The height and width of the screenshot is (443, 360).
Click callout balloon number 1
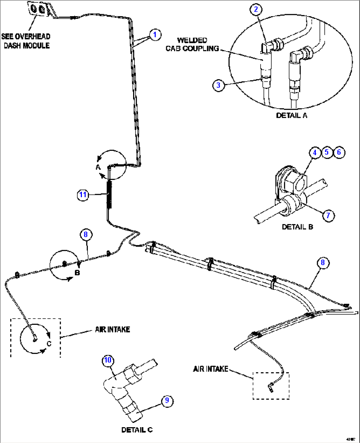click(x=155, y=35)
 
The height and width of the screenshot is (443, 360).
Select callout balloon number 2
click(x=256, y=9)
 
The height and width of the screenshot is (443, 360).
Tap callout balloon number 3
click(x=218, y=85)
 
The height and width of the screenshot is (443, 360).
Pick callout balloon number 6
click(x=339, y=152)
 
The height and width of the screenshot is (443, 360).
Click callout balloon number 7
click(x=328, y=216)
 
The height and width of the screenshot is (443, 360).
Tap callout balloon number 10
click(x=108, y=360)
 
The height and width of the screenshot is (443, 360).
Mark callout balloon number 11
click(x=83, y=195)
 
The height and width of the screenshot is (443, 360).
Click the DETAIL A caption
click(x=292, y=116)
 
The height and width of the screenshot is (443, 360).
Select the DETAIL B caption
click(x=297, y=227)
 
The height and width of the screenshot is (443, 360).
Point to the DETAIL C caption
click(x=137, y=430)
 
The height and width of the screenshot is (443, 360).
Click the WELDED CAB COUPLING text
click(x=192, y=45)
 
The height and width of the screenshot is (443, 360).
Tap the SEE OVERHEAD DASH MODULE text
click(x=26, y=41)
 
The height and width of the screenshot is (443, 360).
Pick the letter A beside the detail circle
click(x=98, y=167)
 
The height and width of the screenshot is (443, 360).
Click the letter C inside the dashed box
click(x=49, y=343)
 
